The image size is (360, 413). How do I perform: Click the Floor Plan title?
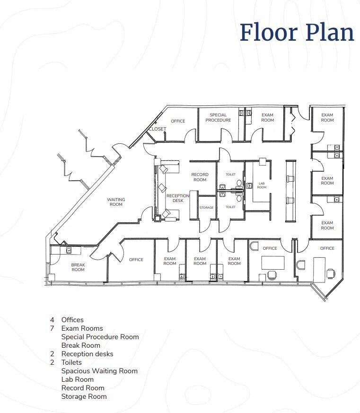coord(297,32)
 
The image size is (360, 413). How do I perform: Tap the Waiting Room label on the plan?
coord(116,202)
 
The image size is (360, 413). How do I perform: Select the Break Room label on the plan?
coord(78,267)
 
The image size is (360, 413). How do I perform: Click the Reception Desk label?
coord(177,198)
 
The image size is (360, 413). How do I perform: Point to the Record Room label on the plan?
coord(200,177)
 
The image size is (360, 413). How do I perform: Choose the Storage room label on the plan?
coord(206,208)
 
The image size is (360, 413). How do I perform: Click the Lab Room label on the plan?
coord(262,185)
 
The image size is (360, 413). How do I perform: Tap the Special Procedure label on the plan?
coord(218,117)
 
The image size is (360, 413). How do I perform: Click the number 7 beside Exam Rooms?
coord(52,328)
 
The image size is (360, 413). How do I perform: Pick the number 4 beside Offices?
coord(52,320)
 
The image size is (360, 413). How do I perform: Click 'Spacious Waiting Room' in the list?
coord(99,371)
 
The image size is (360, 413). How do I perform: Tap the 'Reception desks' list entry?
coord(87,354)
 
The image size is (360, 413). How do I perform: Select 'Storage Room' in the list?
coord(84,396)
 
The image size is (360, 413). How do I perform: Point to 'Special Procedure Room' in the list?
coord(100,337)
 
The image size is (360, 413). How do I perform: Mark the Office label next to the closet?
coord(178,121)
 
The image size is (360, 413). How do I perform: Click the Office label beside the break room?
coord(136,260)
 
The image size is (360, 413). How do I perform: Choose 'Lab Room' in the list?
coord(77,379)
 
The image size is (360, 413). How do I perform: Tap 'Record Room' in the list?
coord(82,388)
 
